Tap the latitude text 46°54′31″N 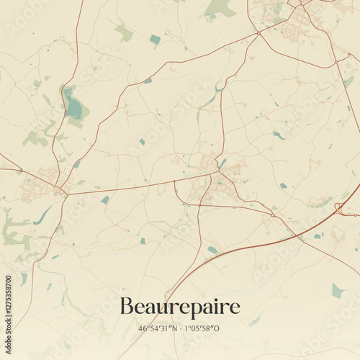tap(158, 328)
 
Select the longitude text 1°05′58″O tap(203, 328)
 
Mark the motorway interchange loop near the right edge tap(338, 209)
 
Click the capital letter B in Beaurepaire tap(126, 307)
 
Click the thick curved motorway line tap(238, 252)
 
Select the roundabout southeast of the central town tap(272, 213)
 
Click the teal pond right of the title tap(337, 290)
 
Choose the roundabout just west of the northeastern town tap(258, 32)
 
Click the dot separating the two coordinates tap(180, 328)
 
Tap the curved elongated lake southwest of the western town tap(43, 215)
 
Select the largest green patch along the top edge tap(220, 9)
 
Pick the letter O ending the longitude tap(219, 328)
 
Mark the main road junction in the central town tap(214, 173)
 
